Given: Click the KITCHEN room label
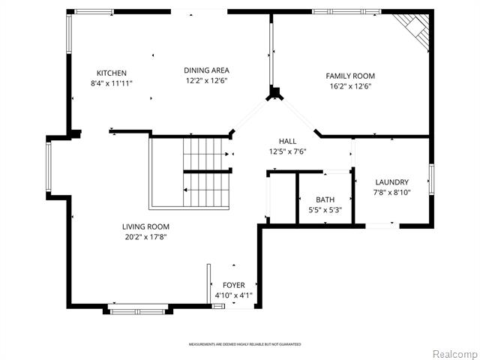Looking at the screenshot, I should pos(111,73).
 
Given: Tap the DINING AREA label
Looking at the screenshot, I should pos(206,70).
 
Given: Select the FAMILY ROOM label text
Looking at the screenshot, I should pos(349,76).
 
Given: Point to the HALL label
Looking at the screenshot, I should pos(287,141).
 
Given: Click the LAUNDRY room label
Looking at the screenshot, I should pos(391,182).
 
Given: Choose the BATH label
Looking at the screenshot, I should pos(325,199).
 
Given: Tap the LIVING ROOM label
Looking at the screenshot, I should pos(145,226).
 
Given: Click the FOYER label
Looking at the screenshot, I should pos(233,286).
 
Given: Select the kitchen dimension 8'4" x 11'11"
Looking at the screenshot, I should pos(111,83).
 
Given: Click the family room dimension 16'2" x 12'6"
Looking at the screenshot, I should pos(349,86).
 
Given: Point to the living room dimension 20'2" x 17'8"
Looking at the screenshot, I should pos(145,237).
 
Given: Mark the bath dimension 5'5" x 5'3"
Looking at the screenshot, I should pos(325,210).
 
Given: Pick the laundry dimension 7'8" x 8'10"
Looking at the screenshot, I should pos(391,193).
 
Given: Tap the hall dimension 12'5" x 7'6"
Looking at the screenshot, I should pos(287,151).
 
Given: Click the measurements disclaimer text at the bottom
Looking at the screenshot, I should pos(244,344).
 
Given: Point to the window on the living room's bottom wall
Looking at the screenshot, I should pos(139,308).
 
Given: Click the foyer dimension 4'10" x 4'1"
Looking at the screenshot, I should pos(233,295).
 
